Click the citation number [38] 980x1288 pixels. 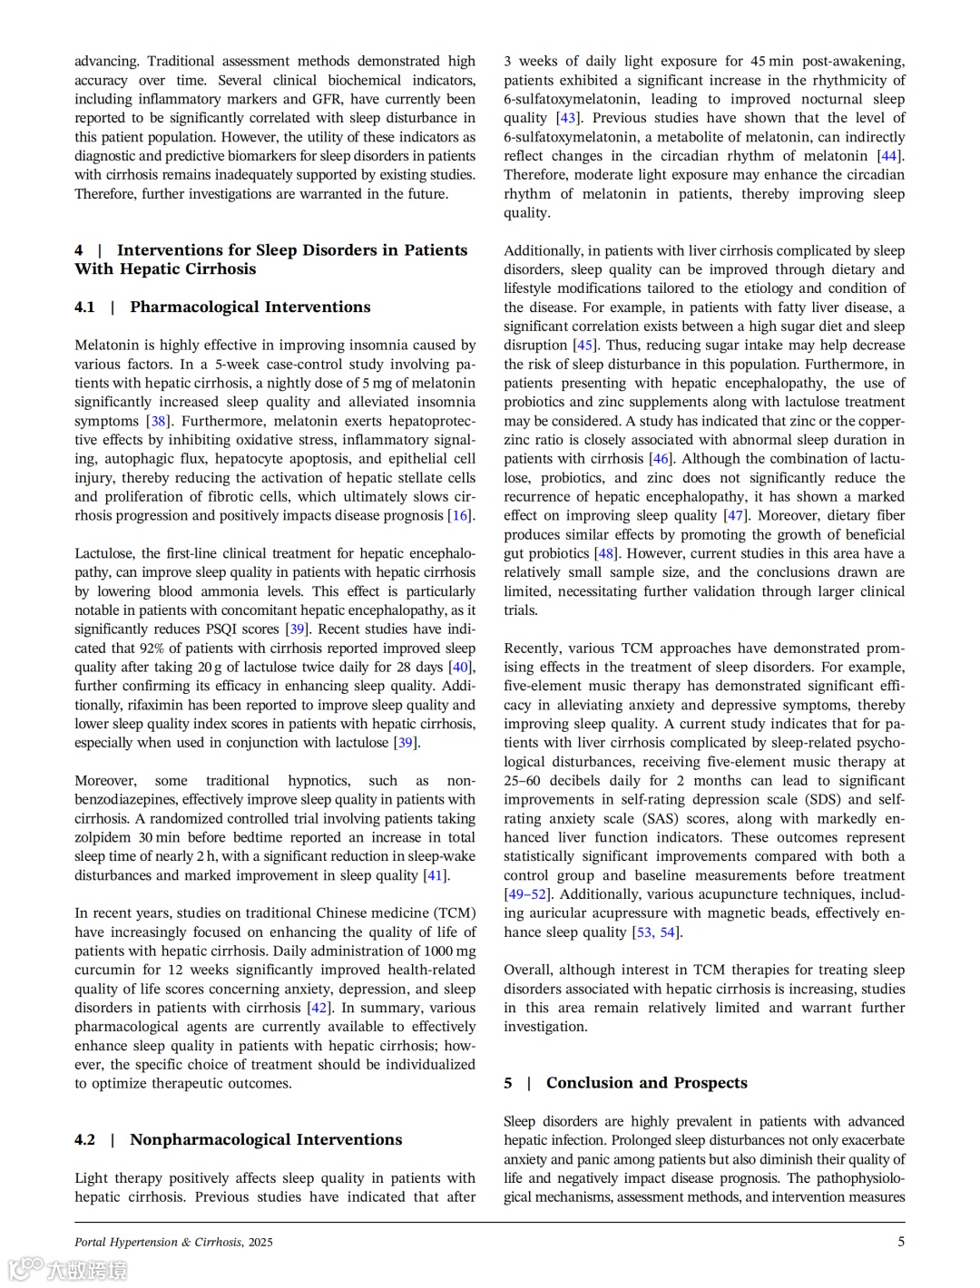tap(159, 421)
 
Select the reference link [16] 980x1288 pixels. tap(461, 515)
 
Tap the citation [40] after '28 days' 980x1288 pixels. tap(461, 667)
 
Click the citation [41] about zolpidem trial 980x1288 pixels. tap(436, 875)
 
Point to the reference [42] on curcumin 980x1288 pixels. tap(319, 1008)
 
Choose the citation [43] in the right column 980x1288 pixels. tap(568, 118)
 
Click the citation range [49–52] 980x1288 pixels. tap(526, 894)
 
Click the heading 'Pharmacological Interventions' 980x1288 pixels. tap(250, 307)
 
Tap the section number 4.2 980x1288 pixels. tap(84, 1139)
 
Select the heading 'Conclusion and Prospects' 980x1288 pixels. tap(646, 1082)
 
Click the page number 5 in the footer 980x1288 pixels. tap(901, 1242)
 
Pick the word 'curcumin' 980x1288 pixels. tap(103, 970)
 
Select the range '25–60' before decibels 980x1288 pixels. tap(524, 780)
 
